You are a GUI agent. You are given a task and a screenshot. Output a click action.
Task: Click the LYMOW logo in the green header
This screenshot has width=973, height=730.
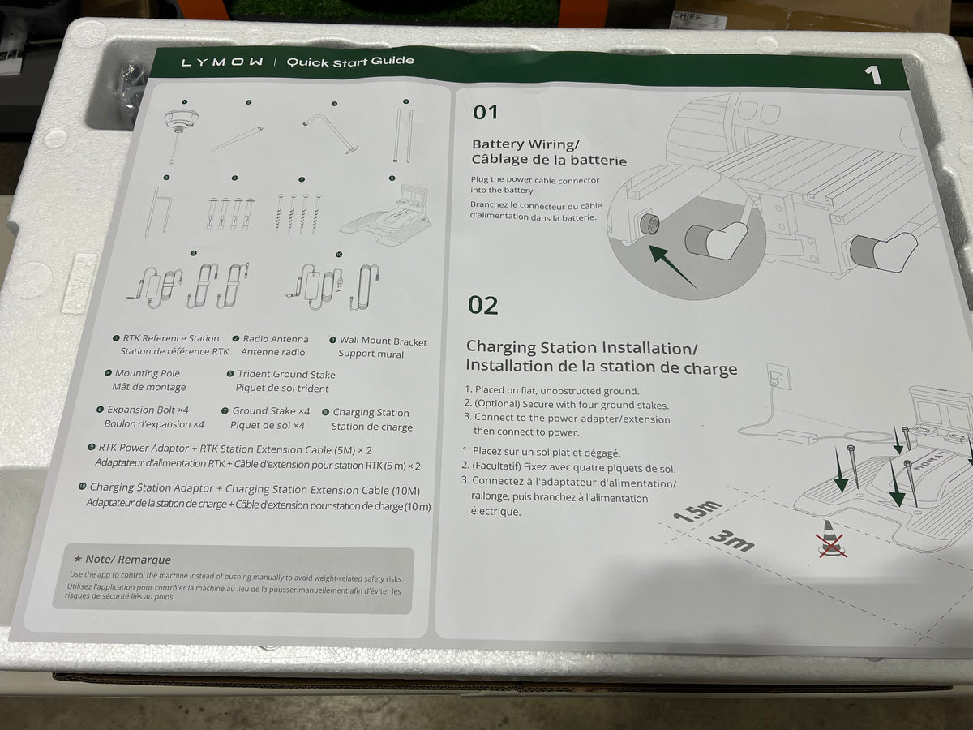222,62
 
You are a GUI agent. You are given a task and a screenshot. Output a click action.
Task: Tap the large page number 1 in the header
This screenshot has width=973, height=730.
872,75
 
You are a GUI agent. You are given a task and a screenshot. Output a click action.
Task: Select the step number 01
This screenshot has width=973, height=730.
486,112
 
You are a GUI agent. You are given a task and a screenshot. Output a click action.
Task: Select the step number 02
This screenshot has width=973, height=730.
482,306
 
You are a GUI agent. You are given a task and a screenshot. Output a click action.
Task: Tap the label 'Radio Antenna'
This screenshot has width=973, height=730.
275,339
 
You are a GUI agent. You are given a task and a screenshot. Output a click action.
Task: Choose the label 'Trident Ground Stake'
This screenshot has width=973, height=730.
286,375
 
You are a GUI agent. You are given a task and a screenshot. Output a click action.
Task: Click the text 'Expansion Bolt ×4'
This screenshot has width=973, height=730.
148,410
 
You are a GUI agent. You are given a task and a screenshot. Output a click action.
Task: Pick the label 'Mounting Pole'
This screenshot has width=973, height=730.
148,373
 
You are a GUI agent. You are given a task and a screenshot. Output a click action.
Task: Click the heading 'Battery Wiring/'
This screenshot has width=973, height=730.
525,144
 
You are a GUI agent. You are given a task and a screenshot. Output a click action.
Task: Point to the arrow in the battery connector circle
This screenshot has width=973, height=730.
672,267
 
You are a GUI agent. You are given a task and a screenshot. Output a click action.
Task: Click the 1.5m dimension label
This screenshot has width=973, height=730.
697,510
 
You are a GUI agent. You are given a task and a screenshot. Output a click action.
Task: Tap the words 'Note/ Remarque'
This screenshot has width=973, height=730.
127,560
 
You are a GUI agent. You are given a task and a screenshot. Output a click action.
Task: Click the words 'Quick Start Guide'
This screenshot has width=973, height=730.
350,61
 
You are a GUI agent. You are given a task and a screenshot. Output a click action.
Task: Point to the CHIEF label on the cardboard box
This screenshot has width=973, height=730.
687,17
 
